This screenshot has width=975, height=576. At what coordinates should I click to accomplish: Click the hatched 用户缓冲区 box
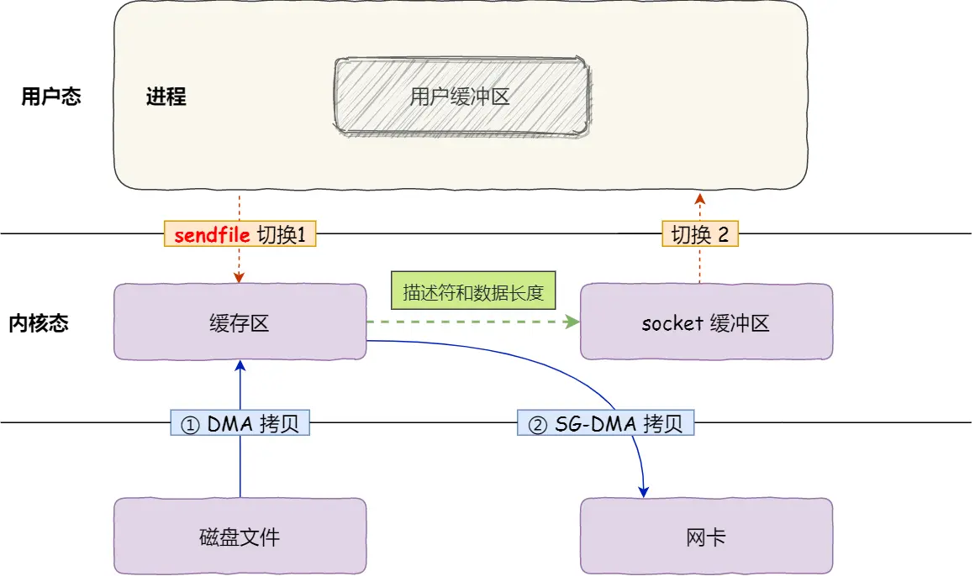click(461, 96)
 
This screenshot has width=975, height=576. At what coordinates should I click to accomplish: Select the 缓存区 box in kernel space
click(240, 322)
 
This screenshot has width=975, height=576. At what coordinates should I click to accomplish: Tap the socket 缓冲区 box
click(706, 322)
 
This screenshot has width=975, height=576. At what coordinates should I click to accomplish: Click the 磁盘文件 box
click(240, 537)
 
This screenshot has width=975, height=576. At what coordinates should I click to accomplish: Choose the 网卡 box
click(706, 537)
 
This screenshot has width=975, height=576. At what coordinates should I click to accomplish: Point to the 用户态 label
click(51, 97)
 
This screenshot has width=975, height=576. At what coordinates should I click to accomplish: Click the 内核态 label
click(39, 323)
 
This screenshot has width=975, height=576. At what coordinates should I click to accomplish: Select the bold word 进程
click(166, 97)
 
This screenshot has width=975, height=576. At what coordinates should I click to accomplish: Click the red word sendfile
click(212, 235)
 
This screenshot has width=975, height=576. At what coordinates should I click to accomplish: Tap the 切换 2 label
click(699, 235)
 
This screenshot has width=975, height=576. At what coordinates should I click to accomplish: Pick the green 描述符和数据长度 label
click(474, 293)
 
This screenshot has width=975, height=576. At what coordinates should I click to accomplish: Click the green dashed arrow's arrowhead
click(574, 322)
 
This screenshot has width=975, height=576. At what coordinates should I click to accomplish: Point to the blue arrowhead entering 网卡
click(645, 491)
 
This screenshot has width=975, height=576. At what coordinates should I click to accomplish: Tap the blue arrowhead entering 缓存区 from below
click(240, 364)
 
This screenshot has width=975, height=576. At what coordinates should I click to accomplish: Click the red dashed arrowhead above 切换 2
click(699, 198)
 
